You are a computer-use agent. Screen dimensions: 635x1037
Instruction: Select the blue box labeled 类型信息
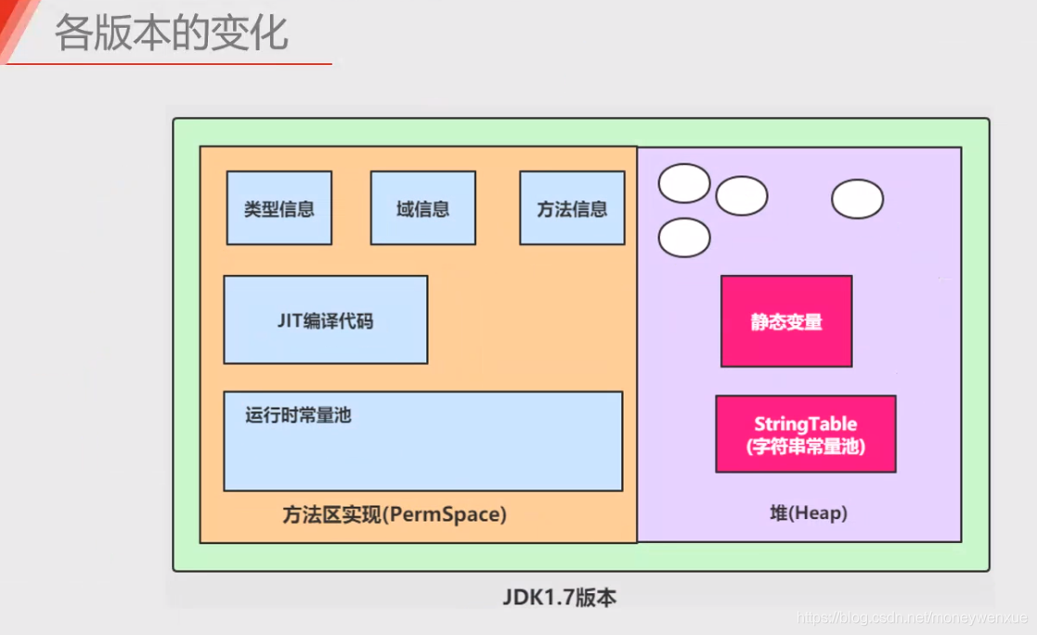pos(279,208)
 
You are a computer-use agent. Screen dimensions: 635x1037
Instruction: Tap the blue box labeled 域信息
pos(422,208)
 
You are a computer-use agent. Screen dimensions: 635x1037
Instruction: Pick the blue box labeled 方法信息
pos(572,208)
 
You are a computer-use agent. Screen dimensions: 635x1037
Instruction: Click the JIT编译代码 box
pos(325,319)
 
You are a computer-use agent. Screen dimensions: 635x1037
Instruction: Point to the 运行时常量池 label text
pos(298,415)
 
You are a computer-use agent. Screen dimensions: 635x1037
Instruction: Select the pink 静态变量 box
pos(786,321)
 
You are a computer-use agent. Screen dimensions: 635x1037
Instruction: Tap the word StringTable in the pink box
pos(805,424)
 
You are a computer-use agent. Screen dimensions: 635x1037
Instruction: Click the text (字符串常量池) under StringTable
pos(805,446)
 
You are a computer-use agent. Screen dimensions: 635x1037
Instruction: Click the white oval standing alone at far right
pos(857,199)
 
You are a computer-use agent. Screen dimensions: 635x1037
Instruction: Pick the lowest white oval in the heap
pos(684,238)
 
